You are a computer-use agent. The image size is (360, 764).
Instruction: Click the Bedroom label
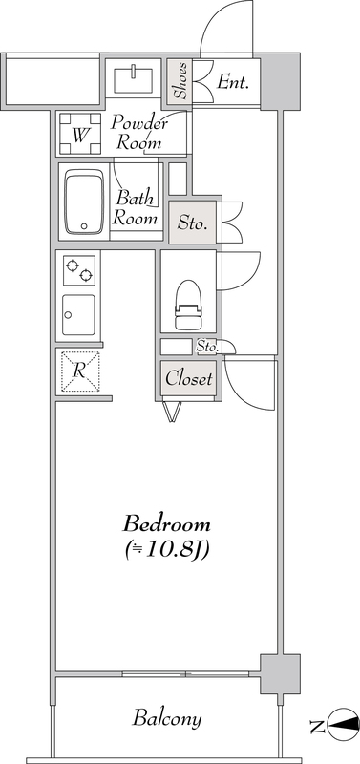point(166,524)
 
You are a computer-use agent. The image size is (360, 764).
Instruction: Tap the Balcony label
point(166,719)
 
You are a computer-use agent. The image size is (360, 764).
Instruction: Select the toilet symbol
point(188,305)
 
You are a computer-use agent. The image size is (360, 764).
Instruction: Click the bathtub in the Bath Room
point(84,202)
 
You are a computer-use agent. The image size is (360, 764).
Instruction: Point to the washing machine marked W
point(80,134)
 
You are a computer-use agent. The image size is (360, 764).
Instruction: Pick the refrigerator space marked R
point(79,371)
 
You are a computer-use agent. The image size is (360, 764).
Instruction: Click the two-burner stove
point(79,270)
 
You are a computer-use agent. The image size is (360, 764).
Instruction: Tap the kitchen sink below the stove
point(78,315)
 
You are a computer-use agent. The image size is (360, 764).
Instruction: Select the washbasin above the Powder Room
point(133,80)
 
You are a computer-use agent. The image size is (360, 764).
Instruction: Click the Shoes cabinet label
point(180,80)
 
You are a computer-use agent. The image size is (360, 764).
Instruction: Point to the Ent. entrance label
point(233,81)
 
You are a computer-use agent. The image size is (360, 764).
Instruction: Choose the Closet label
point(188,378)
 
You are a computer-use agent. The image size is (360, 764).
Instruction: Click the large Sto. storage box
point(193,223)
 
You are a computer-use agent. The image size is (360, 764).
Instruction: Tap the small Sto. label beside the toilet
point(207,347)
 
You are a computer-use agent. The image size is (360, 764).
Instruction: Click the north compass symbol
point(343,724)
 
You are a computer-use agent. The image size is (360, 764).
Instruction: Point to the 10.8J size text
point(166,550)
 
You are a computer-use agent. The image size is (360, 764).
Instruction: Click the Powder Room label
point(138,133)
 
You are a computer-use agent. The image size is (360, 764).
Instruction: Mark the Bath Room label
point(136,208)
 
